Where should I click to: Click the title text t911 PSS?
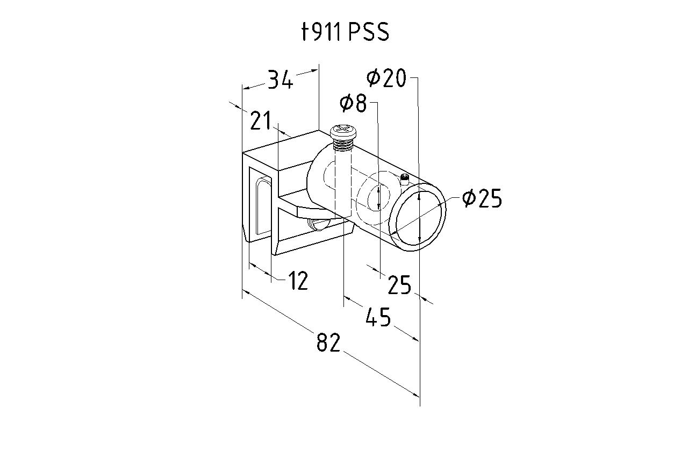346,32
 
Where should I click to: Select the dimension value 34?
281,79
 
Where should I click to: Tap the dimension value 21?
261,120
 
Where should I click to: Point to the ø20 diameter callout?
386,78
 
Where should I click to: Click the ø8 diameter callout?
353,103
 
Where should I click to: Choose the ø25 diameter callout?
482,198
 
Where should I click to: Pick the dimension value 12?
298,281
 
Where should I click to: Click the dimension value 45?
378,316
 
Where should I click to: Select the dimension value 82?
328,342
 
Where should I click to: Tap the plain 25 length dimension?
399,285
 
